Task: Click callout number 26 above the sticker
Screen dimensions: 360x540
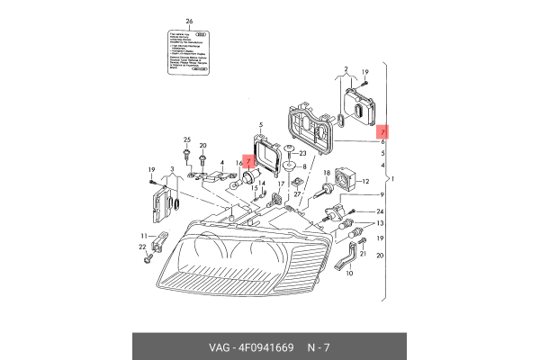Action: coord(189,19)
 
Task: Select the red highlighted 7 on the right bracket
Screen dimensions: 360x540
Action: coord(382,130)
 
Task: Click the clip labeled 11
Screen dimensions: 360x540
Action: coord(160,241)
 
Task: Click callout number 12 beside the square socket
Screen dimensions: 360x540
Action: coord(366,181)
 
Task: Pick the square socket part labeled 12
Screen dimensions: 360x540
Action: coord(346,181)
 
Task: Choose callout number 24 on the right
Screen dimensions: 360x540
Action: coord(381,211)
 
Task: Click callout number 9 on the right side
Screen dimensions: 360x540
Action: coord(381,195)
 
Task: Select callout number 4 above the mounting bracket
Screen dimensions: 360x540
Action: coord(221,163)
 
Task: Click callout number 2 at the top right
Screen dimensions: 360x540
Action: coord(346,68)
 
